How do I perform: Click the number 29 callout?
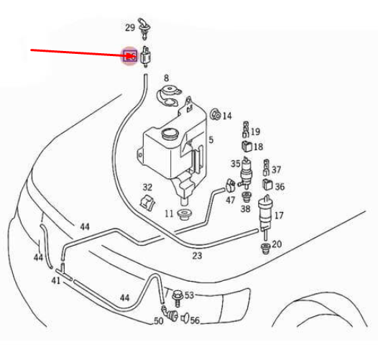(x=129, y=28)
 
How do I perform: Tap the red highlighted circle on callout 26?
(x=130, y=56)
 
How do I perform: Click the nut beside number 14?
(x=214, y=114)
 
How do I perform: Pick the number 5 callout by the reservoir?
(x=211, y=139)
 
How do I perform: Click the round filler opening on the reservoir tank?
(x=170, y=133)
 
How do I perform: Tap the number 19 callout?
(x=256, y=132)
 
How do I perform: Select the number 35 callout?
(x=235, y=164)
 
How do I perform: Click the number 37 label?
(x=277, y=170)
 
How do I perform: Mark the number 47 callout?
(x=230, y=200)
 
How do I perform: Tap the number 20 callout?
(x=277, y=244)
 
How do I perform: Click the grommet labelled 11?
(x=186, y=215)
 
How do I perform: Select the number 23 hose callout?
(x=197, y=255)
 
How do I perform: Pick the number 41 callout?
(x=55, y=280)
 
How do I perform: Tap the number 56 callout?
(x=195, y=321)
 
